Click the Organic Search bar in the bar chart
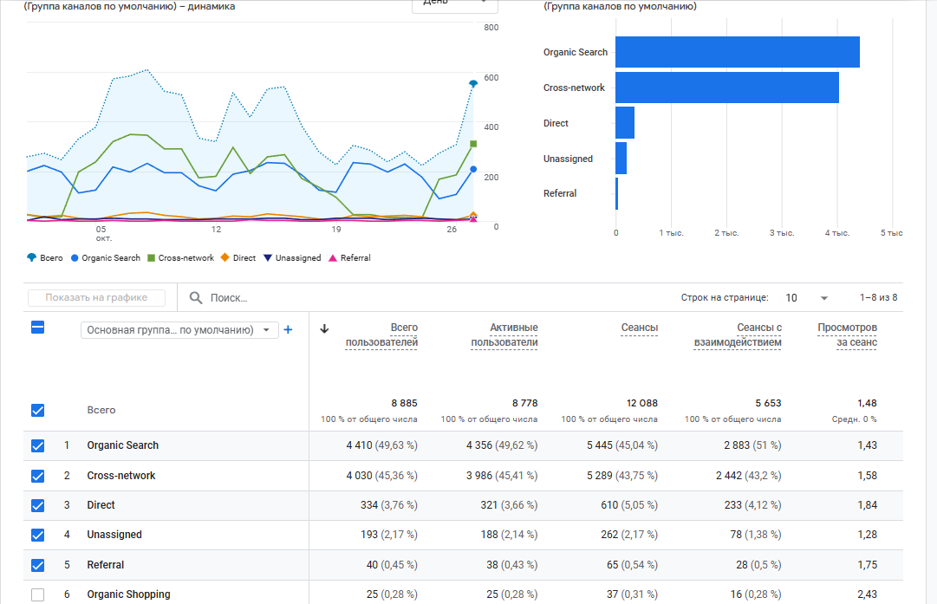[737, 52]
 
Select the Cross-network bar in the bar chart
[726, 88]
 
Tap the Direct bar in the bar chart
[625, 123]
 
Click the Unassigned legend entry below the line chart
[292, 258]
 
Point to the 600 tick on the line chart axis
[491, 78]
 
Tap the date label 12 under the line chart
[216, 230]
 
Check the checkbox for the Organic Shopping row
[37, 594]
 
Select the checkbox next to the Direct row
[37, 505]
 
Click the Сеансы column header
[639, 328]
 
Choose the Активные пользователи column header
[504, 334]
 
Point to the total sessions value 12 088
[641, 403]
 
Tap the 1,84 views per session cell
[867, 505]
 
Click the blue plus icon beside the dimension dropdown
[289, 330]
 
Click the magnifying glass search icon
[196, 298]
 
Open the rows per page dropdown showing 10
[806, 298]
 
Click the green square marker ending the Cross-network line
[473, 144]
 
